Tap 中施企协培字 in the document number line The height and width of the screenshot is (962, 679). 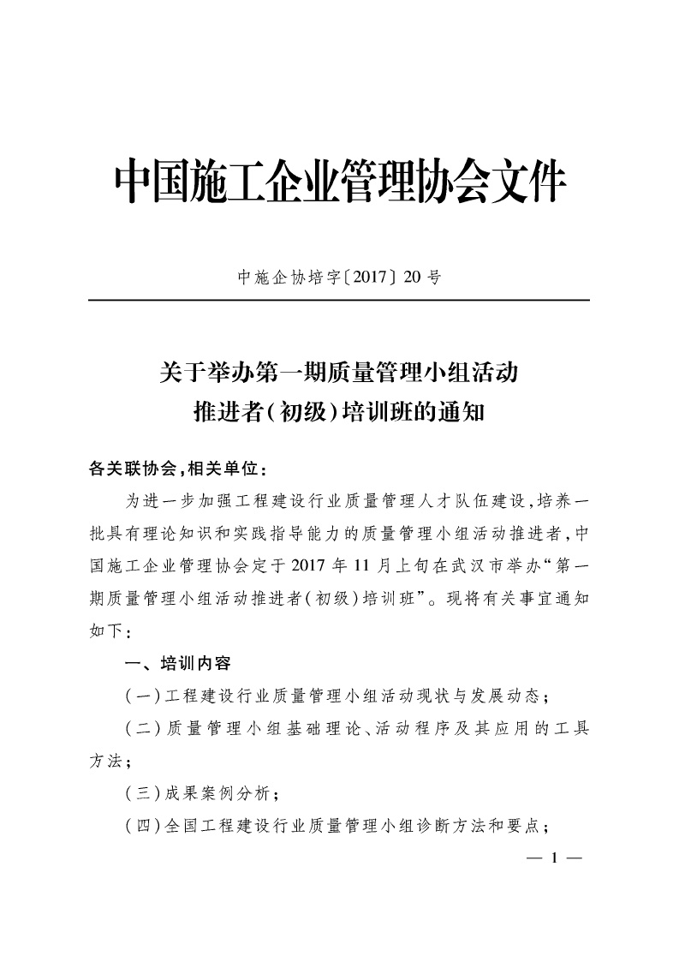(276, 278)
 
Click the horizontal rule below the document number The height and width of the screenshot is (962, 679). (339, 301)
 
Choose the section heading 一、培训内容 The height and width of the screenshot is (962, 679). (177, 662)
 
